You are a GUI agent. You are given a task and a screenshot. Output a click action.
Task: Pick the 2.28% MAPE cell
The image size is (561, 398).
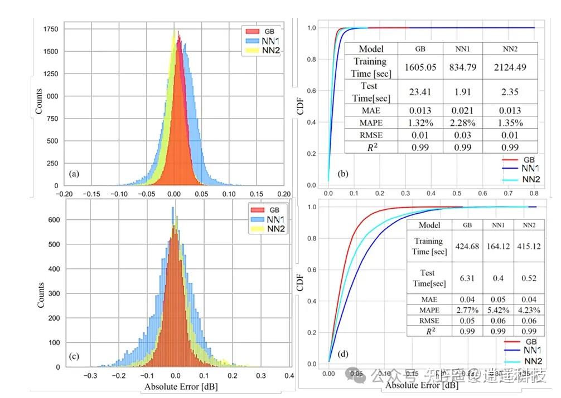(463, 122)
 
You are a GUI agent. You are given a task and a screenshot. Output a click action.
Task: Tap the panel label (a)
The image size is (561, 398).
(74, 174)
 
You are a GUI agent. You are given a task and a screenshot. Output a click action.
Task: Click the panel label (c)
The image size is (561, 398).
(75, 356)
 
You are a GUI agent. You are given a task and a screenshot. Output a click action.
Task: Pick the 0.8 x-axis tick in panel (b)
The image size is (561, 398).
(534, 193)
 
